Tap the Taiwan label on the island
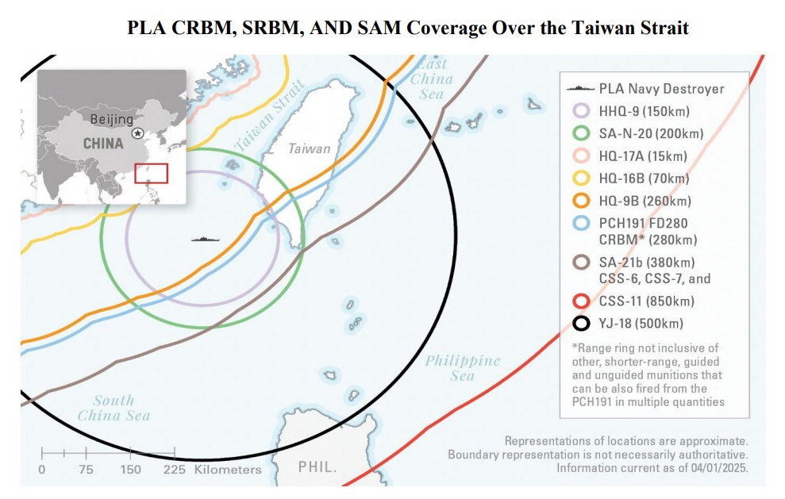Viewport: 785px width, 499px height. point(310,148)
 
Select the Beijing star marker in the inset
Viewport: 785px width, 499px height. point(139,133)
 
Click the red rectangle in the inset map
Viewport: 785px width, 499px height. point(151,173)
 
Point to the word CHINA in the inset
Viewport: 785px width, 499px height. point(103,144)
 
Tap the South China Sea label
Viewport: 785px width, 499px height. point(114,408)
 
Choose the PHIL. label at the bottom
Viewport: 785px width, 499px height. point(317,467)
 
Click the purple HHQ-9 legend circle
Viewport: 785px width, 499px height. point(582,111)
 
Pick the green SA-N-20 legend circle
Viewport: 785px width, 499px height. point(582,133)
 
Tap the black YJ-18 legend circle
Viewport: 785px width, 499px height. point(582,323)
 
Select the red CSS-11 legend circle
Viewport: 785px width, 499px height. point(582,301)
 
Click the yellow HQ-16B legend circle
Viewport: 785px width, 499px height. point(582,179)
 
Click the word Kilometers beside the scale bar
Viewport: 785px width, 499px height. point(228,470)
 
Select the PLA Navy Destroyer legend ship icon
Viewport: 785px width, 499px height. point(581,88)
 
